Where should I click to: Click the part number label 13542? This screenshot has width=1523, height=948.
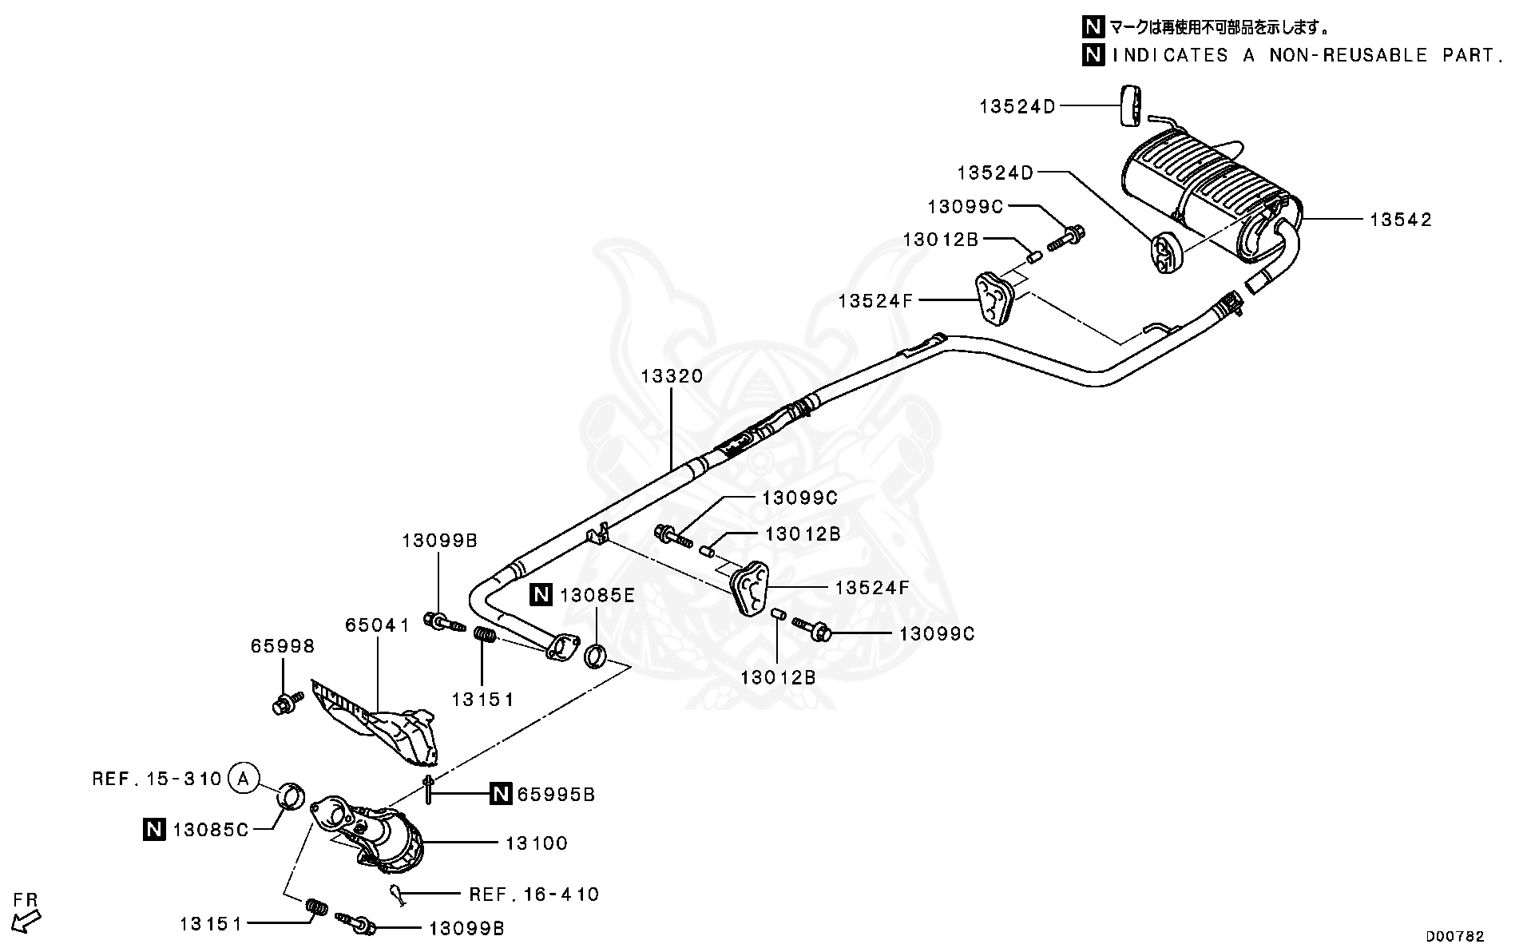pos(1401,220)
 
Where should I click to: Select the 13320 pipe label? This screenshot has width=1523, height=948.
pos(672,376)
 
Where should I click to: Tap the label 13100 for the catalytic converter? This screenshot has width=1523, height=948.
pos(537,843)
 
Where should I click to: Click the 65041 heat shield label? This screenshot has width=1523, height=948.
pos(377,625)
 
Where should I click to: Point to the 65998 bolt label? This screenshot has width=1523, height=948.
pos(283,646)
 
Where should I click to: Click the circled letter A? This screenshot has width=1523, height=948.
pos(245,777)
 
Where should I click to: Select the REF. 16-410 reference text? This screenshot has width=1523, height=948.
pos(533,894)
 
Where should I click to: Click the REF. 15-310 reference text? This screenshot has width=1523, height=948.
pos(157,778)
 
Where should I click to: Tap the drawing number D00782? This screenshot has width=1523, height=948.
pos(1455,936)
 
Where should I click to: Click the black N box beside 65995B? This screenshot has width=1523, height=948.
pos(500,794)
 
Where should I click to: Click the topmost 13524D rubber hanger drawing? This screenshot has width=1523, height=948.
pos(1130,105)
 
